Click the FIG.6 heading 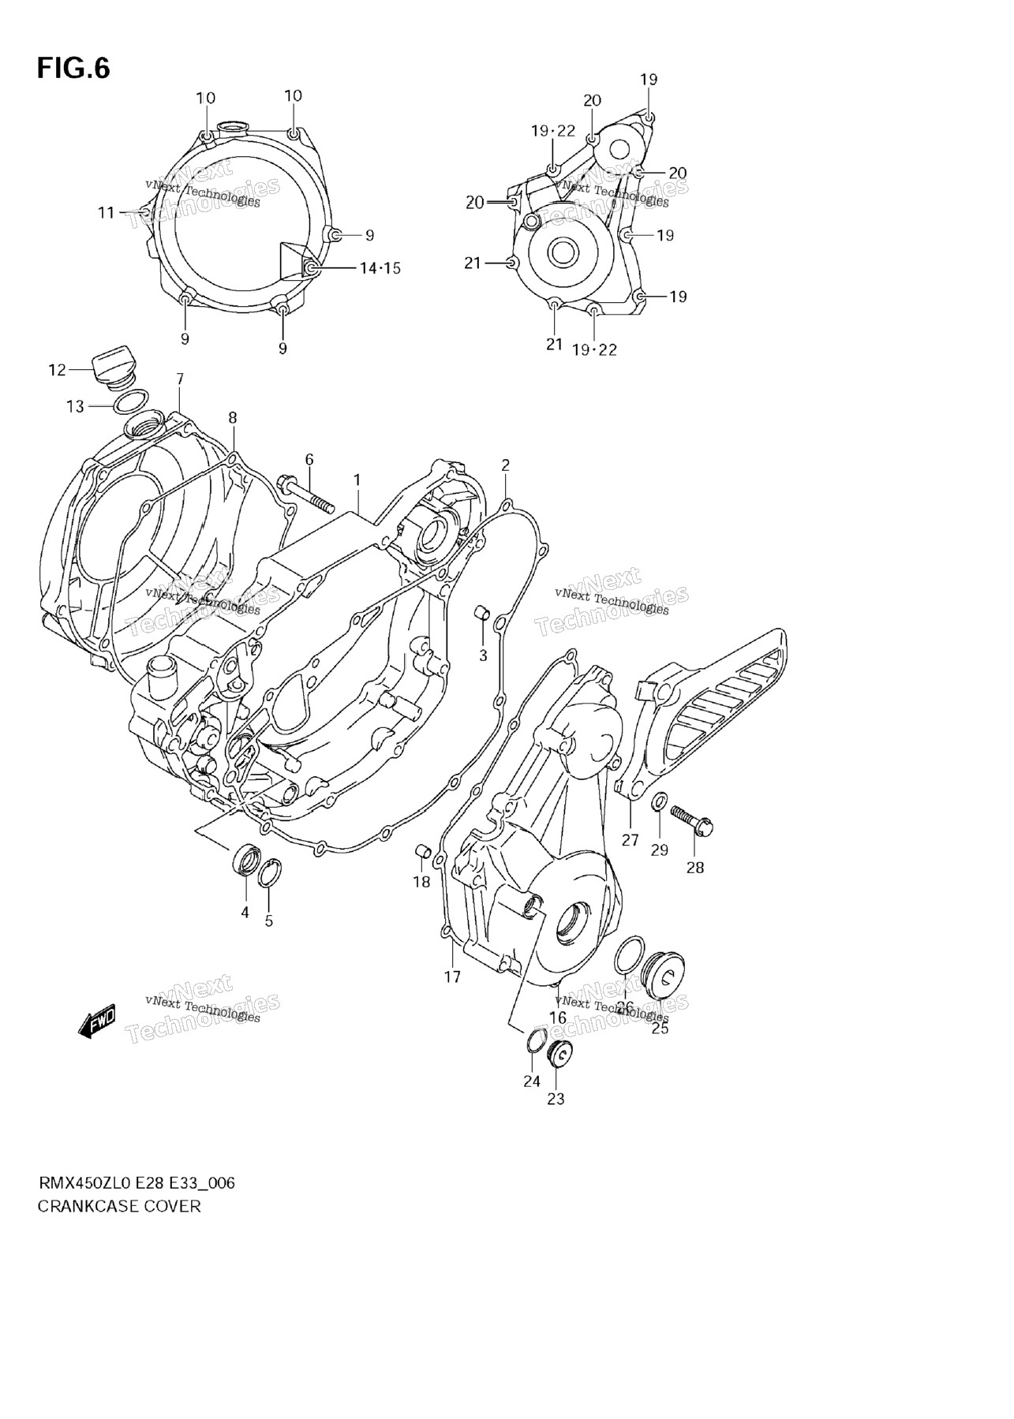pos(73,69)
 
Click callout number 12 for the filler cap pos(57,369)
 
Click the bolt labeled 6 pos(305,496)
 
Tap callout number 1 pos(357,480)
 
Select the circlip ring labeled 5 pos(269,872)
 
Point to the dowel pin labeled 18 pos(423,851)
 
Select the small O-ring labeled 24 pos(535,1041)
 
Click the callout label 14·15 pos(380,269)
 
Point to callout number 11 pos(107,213)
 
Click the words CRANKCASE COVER pos(119,1206)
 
